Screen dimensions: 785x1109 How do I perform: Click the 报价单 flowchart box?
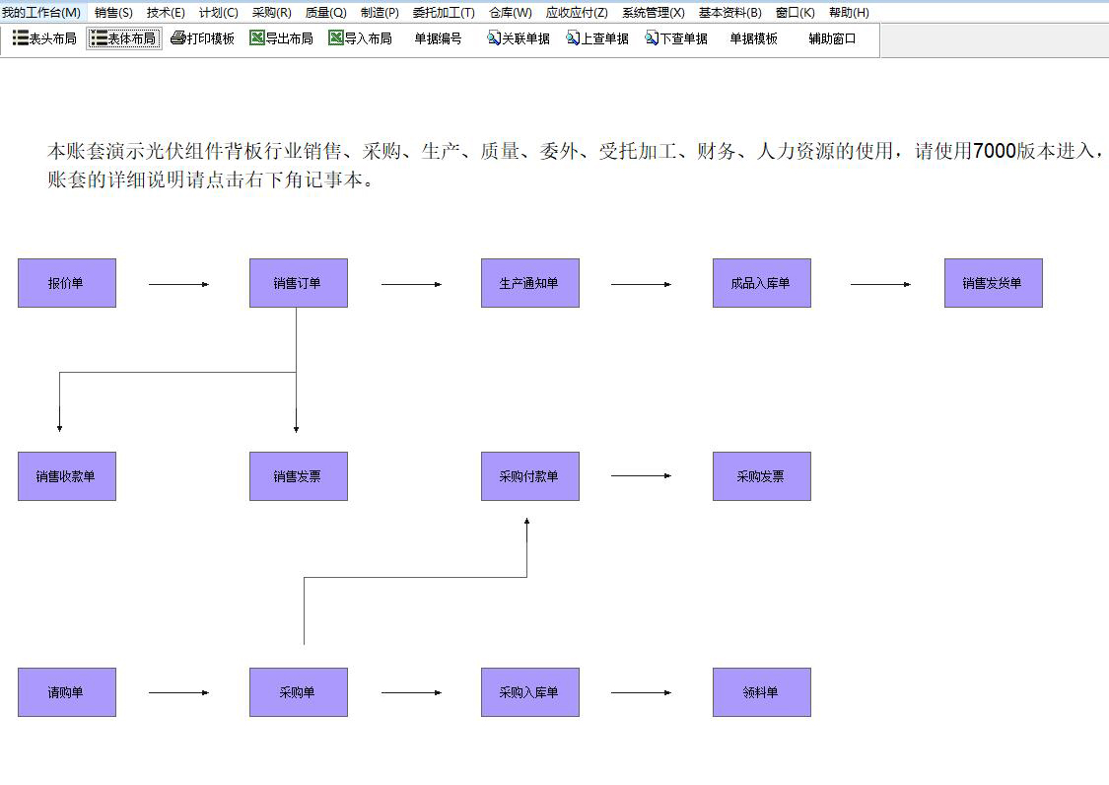tap(67, 283)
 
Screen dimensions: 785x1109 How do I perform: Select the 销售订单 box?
tap(298, 283)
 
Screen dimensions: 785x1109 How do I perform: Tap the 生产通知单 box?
tap(529, 283)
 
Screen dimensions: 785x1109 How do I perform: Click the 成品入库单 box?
tap(761, 283)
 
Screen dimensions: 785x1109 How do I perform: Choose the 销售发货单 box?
tap(993, 283)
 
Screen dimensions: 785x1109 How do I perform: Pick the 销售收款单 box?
tap(67, 476)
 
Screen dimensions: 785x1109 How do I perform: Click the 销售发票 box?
tap(298, 476)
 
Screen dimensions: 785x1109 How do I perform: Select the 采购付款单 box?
tap(529, 476)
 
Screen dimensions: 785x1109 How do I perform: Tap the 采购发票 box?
tap(761, 476)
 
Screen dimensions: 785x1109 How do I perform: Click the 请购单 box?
tap(67, 692)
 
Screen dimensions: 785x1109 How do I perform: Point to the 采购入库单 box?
tap(529, 692)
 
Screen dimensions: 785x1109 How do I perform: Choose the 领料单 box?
tap(761, 692)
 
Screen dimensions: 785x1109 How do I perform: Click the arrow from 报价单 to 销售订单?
tap(178, 284)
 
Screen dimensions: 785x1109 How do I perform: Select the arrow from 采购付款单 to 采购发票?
tap(641, 475)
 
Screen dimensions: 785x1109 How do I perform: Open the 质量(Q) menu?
tap(325, 13)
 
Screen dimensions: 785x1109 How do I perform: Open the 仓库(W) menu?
tap(511, 13)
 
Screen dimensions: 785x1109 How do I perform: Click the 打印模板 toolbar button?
tap(202, 38)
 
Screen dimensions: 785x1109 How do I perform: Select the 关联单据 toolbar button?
tap(519, 38)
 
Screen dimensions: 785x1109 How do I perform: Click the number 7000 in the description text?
tap(994, 151)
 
